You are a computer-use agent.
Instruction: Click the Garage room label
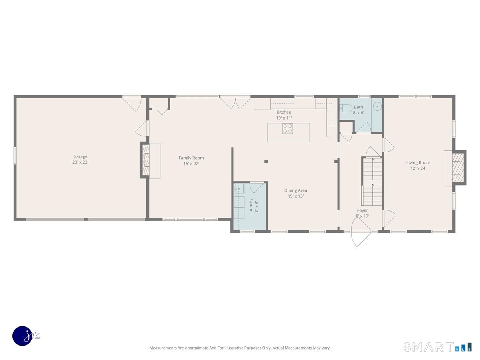80,156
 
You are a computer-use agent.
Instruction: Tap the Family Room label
191,158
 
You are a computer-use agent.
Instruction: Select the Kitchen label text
284,112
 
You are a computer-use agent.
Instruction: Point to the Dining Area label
296,190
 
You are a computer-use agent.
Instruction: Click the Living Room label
418,163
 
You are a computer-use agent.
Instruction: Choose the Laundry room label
251,206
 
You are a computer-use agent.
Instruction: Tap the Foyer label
362,210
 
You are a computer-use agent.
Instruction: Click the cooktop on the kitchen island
288,128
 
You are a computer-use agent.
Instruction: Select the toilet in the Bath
346,108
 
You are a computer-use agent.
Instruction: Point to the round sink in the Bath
377,106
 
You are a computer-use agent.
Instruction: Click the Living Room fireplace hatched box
458,168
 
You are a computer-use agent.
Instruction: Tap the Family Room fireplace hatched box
146,160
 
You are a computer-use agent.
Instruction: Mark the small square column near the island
266,161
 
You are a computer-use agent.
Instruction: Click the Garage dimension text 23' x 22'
80,162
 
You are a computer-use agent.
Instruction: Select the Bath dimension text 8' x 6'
358,113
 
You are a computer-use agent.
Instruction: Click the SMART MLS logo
437,347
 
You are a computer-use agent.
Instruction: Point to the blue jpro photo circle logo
22,336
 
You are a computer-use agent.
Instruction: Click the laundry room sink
239,189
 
